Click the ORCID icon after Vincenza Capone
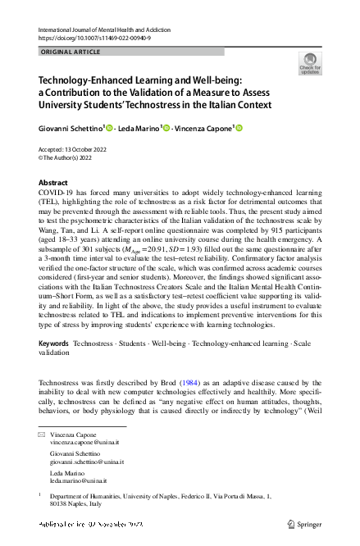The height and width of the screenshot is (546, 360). coord(240,128)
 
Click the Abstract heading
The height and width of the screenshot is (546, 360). coord(54,183)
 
